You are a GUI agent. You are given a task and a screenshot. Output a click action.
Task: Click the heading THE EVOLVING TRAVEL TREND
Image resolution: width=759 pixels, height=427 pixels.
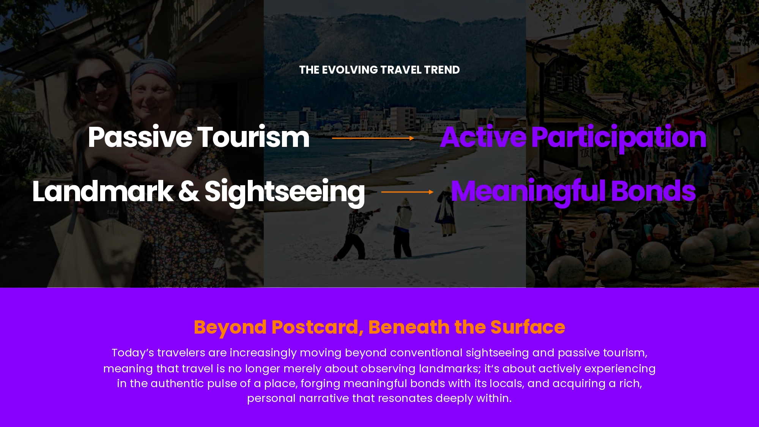379,70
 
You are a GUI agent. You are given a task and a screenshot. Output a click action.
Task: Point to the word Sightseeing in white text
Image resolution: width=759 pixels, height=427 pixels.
285,193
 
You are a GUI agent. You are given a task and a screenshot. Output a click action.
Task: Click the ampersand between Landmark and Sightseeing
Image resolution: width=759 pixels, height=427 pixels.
189,191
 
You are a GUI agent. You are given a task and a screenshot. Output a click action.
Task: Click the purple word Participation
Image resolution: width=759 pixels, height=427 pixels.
619,139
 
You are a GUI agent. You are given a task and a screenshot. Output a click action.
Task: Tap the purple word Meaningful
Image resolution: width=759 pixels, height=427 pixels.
528,193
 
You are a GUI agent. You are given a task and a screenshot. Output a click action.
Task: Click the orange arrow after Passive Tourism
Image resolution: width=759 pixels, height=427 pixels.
373,138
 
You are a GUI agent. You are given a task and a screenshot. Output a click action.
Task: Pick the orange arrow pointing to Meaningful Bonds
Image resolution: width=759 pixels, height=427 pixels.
407,192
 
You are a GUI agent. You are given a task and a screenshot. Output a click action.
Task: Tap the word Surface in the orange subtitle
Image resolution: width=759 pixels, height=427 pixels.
528,327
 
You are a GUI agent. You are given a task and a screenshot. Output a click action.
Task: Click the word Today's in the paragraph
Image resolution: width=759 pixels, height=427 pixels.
133,353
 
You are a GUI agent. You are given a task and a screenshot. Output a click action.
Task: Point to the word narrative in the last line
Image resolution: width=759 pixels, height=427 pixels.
324,398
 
